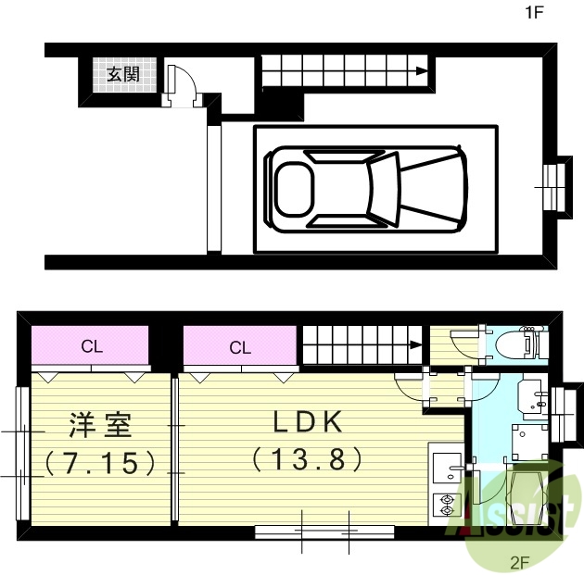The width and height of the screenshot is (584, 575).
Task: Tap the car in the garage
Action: click(x=365, y=187)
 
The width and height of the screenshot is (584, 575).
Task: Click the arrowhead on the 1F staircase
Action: click(x=423, y=71)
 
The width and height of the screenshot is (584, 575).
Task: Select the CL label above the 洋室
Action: click(x=91, y=348)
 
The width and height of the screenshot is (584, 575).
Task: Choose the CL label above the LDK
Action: click(x=240, y=348)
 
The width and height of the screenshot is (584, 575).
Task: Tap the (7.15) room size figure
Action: click(x=99, y=462)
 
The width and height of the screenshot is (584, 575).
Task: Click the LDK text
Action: click(x=308, y=423)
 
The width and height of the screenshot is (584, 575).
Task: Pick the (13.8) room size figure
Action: click(x=306, y=458)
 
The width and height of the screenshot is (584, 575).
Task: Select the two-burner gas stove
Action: click(x=446, y=506)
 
